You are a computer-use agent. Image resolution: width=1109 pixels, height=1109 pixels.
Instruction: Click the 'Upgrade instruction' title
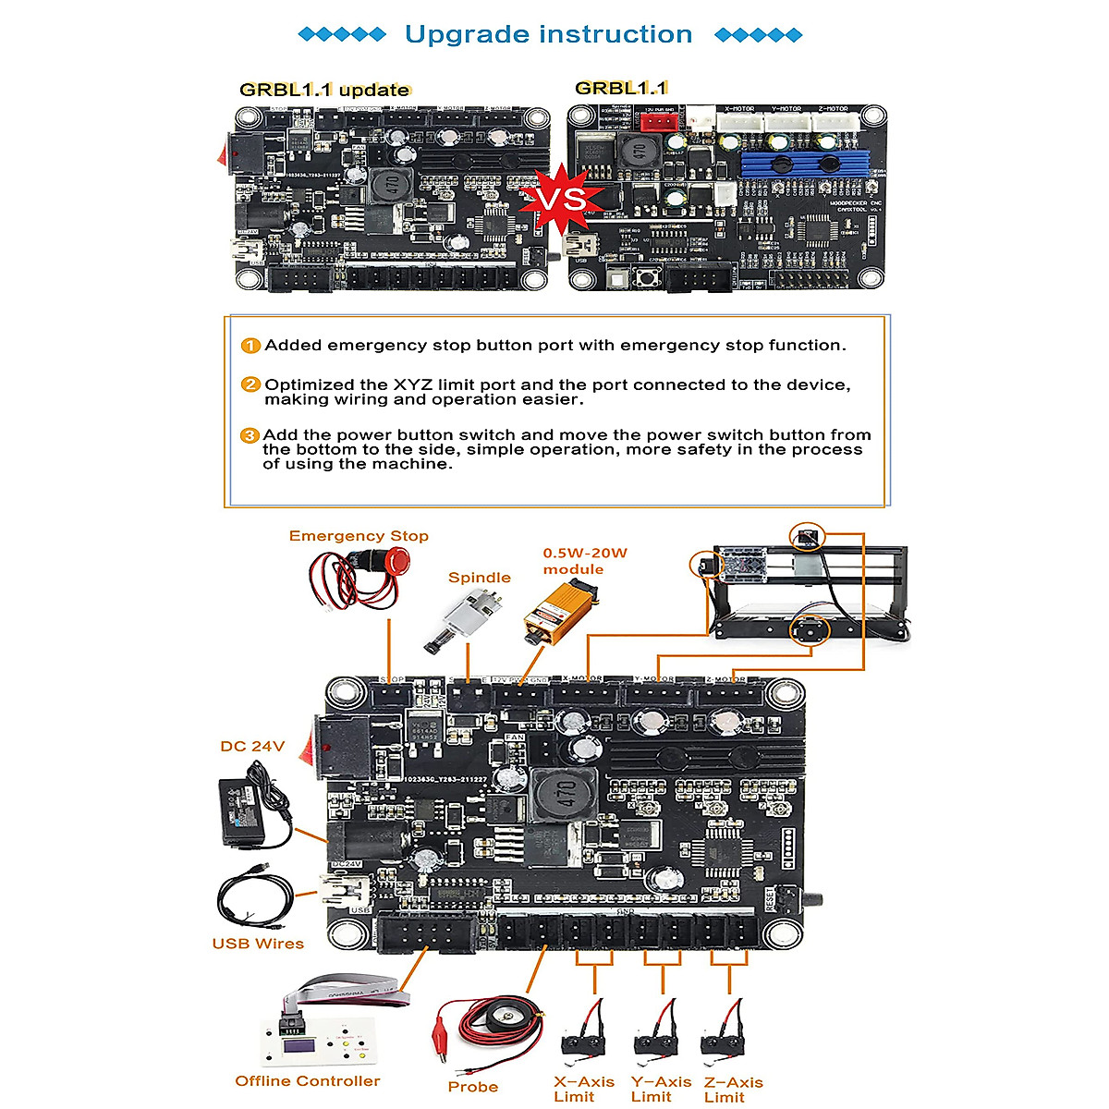pyautogui.click(x=548, y=35)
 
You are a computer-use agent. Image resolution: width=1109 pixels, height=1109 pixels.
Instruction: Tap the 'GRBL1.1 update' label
pyautogui.click(x=324, y=90)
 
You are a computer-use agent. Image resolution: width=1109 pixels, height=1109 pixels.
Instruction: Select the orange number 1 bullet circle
pyautogui.click(x=250, y=346)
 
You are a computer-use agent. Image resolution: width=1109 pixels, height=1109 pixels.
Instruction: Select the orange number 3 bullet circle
pyautogui.click(x=250, y=435)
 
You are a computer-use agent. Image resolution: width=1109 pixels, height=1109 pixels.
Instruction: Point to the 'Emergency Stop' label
pyautogui.click(x=359, y=536)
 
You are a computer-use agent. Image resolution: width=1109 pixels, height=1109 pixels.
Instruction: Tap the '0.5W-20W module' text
pyautogui.click(x=584, y=561)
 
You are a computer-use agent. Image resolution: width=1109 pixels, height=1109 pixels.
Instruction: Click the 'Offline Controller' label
pyautogui.click(x=307, y=1080)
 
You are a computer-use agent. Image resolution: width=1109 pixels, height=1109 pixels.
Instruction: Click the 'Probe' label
pyautogui.click(x=472, y=1087)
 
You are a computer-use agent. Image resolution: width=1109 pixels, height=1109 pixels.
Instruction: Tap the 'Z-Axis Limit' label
pyautogui.click(x=733, y=1089)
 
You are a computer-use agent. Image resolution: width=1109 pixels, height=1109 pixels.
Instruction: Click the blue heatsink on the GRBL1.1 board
pyautogui.click(x=802, y=164)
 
